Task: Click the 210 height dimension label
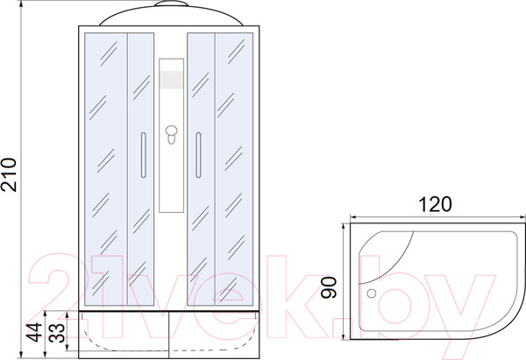9,174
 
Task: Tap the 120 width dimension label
435,204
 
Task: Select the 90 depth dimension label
329,287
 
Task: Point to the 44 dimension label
35,332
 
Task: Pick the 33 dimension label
57,333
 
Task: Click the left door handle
144,155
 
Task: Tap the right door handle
198,155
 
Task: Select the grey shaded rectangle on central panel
172,80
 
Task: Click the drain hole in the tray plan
372,293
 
